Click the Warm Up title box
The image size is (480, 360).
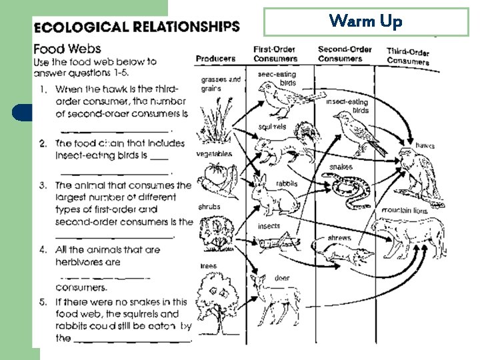pyautogui.click(x=366, y=21)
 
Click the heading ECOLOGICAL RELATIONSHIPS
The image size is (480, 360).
pyautogui.click(x=136, y=27)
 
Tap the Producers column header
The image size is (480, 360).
pyautogui.click(x=215, y=59)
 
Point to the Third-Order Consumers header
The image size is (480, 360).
pyautogui.click(x=408, y=57)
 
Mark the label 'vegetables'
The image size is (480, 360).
pyautogui.click(x=213, y=154)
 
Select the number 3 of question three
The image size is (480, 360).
pyautogui.click(x=43, y=185)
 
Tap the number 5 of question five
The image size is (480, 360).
pyautogui.click(x=43, y=302)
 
